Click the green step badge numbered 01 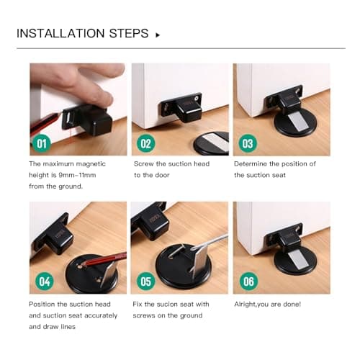(42, 143)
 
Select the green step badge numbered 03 (248, 143)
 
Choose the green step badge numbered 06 (248, 282)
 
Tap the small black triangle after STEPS (158, 35)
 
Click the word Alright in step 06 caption (247, 304)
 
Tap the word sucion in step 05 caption (166, 304)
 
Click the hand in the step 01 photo (79, 79)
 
